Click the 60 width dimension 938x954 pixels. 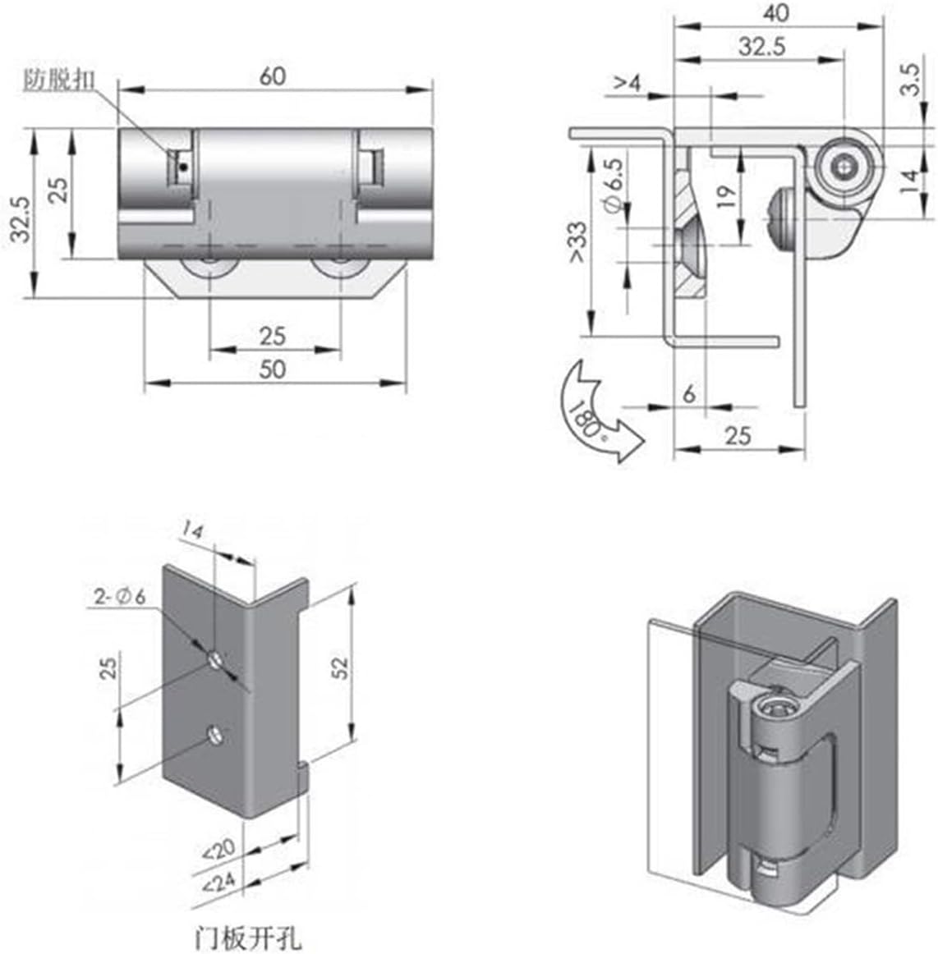click(x=273, y=76)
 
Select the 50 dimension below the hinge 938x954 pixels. click(x=273, y=369)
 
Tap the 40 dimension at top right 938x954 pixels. click(x=775, y=12)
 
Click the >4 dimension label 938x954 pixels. click(x=626, y=82)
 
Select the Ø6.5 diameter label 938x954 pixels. click(x=617, y=187)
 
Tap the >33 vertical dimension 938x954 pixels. click(x=577, y=243)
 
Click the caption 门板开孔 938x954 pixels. click(x=248, y=937)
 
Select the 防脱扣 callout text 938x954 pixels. click(x=58, y=80)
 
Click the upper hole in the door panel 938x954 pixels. click(x=215, y=658)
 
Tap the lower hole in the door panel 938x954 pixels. click(x=215, y=734)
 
